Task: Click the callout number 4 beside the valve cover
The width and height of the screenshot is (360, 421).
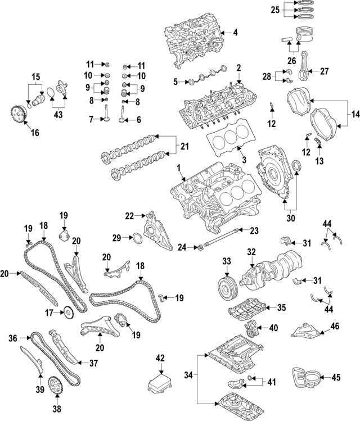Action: coord(235,33)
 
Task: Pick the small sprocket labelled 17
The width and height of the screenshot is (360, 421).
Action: coord(67,311)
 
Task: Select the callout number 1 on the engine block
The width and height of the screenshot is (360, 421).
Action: coord(178,168)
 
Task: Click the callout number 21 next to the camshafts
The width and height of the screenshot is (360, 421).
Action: coord(184,147)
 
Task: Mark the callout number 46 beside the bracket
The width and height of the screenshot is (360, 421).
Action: coord(335,325)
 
